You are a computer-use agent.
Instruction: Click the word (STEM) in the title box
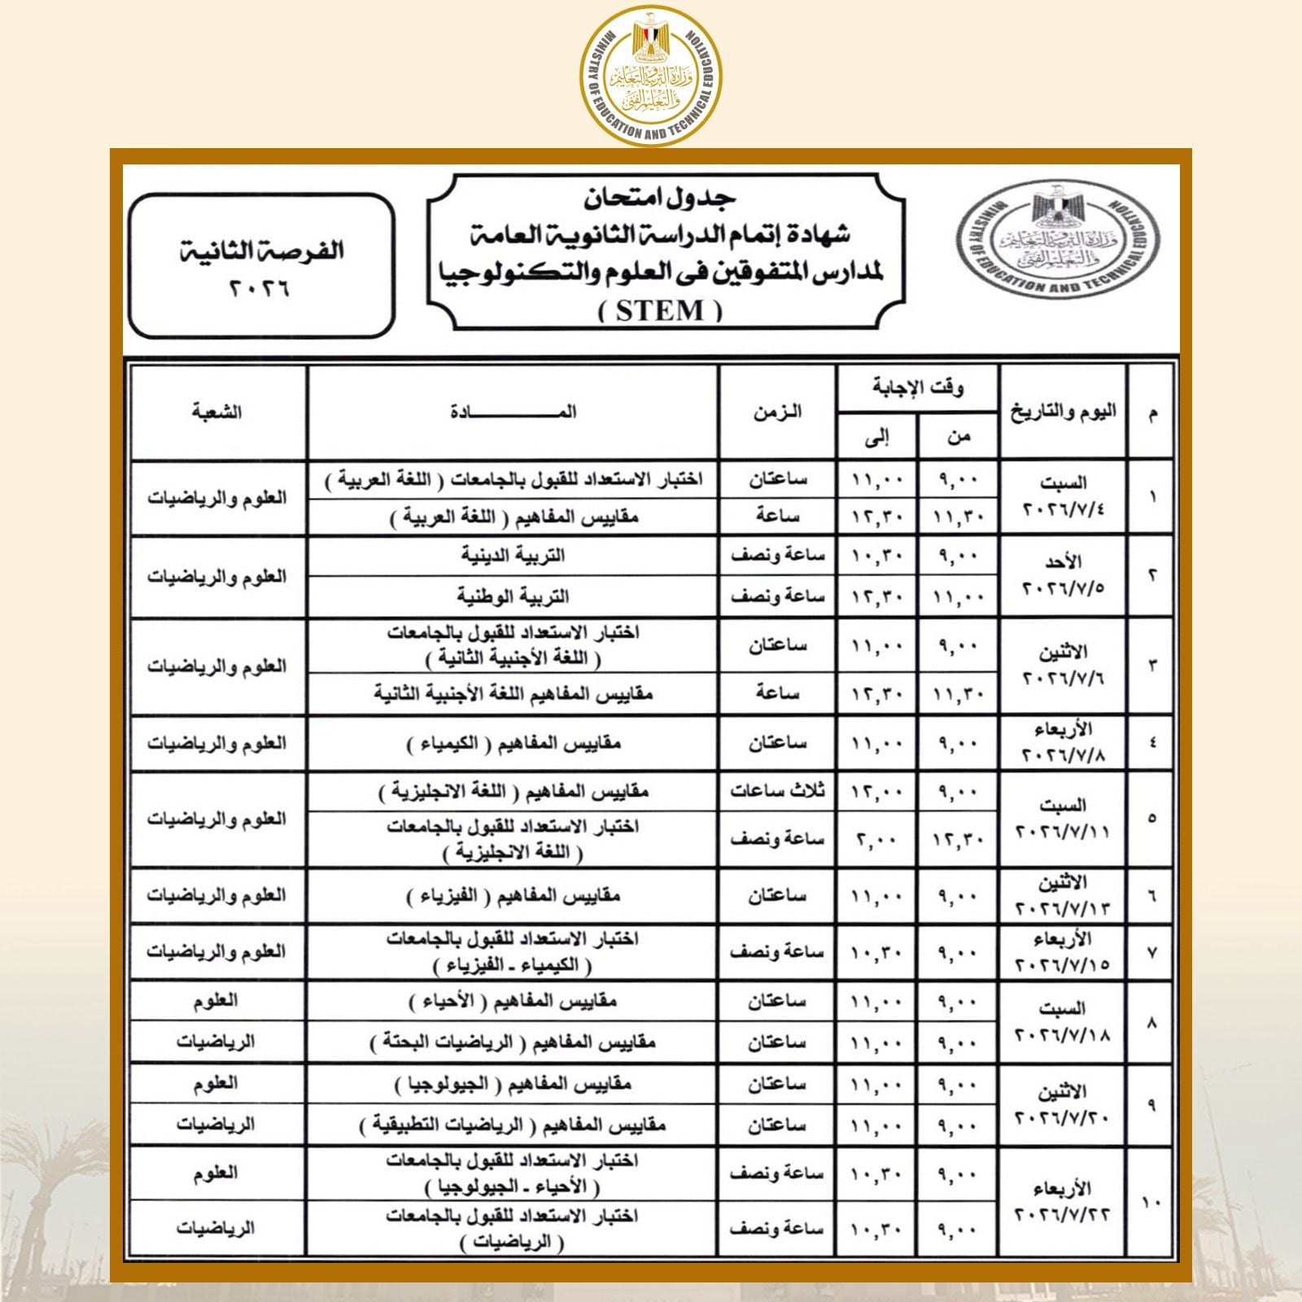point(661,311)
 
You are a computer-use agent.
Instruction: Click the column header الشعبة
point(216,412)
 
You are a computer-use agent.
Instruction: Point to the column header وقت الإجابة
point(918,388)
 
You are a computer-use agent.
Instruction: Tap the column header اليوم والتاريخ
point(1064,412)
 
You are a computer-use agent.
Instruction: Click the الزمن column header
point(777,412)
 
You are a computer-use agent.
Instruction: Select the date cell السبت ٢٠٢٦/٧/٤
point(1064,497)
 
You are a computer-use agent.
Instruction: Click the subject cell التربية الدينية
point(513,556)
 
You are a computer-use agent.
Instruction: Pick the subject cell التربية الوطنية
point(513,596)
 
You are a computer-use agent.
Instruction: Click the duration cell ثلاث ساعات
point(777,791)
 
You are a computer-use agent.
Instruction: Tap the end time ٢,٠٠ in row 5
point(876,840)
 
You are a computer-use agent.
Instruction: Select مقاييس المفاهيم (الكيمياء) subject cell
point(513,743)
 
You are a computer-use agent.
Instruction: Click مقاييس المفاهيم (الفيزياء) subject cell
point(513,896)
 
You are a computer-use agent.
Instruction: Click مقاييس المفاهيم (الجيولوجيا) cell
point(513,1084)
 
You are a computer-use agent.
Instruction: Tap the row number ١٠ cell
point(1152,1202)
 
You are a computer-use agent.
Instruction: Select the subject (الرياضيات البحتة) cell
point(513,1042)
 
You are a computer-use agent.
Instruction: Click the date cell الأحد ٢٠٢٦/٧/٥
point(1064,575)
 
